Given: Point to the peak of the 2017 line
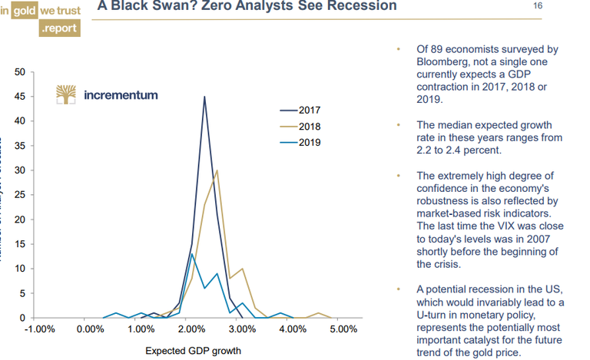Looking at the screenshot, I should (204, 97).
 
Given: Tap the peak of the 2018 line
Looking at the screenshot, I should (217, 170).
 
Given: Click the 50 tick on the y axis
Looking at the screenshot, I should (21, 72).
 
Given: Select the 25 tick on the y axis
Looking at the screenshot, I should (21, 195).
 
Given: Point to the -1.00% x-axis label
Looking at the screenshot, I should (39, 330).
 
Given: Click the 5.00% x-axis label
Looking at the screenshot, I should (343, 330).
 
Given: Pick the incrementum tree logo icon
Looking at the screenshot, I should (67, 94).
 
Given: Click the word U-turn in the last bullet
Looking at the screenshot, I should (434, 315).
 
